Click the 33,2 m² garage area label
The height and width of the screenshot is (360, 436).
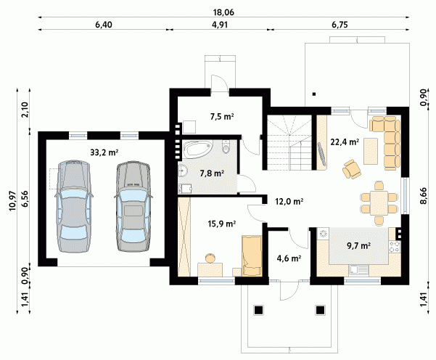pyautogui.click(x=104, y=152)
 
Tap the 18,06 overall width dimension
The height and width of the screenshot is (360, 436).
pyautogui.click(x=223, y=12)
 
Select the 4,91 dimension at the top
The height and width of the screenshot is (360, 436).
pyautogui.click(x=220, y=25)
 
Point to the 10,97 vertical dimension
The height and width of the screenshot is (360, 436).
pyautogui.click(x=13, y=201)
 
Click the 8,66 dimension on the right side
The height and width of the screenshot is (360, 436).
pyautogui.click(x=423, y=196)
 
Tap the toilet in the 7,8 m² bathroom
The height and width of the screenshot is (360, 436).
pyautogui.click(x=226, y=147)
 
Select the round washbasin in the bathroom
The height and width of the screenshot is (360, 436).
pyautogui.click(x=182, y=171)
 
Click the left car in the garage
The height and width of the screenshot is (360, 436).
pyautogui.click(x=74, y=206)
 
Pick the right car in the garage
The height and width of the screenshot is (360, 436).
pyautogui.click(x=133, y=206)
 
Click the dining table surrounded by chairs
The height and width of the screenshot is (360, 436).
pyautogui.click(x=379, y=202)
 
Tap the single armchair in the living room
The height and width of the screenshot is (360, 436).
pyautogui.click(x=351, y=168)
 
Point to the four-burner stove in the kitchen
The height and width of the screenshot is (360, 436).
pyautogui.click(x=395, y=247)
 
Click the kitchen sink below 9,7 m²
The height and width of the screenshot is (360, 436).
pyautogui.click(x=358, y=270)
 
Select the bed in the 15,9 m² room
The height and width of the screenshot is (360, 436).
pyautogui.click(x=252, y=256)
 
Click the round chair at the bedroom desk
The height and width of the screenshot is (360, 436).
pyautogui.click(x=210, y=258)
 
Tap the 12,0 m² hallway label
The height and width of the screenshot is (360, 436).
pyautogui.click(x=289, y=201)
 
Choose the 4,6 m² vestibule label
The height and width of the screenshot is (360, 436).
pyautogui.click(x=289, y=258)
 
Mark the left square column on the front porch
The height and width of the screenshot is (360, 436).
pyautogui.click(x=258, y=310)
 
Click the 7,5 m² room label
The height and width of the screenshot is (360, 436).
pyautogui.click(x=221, y=116)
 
